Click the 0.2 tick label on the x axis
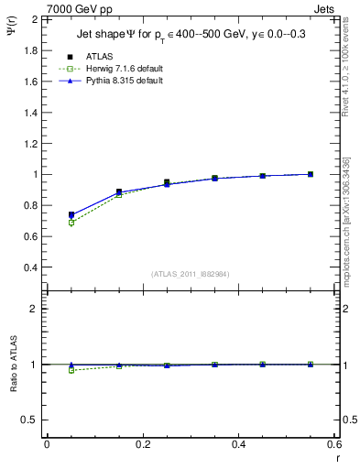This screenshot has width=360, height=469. pyautogui.click(x=143, y=443)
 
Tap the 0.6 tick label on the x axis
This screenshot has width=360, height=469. pyautogui.click(x=335, y=443)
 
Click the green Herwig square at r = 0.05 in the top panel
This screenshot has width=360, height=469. pyautogui.click(x=71, y=223)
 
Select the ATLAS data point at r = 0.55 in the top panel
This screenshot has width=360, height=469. pyautogui.click(x=311, y=174)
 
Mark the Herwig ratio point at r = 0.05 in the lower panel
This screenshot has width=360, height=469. pyautogui.click(x=71, y=370)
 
